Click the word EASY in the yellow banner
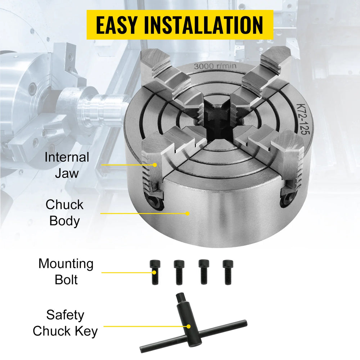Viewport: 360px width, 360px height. click(117, 25)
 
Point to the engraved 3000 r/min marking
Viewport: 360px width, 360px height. click(215, 66)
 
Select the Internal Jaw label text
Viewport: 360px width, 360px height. click(67, 165)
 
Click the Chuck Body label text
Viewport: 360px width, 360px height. click(64, 212)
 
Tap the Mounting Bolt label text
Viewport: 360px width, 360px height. click(66, 271)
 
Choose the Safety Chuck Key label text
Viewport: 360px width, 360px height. click(65, 323)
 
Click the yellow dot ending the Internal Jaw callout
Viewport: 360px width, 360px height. click(155, 165)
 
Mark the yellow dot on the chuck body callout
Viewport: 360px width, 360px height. click(187, 213)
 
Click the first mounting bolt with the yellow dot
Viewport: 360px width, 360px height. click(155, 272)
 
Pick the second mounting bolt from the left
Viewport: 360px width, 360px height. click(179, 272)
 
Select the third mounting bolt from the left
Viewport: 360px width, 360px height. click(204, 272)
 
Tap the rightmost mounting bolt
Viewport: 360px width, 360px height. click(228, 272)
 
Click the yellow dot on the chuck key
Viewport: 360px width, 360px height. click(189, 326)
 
